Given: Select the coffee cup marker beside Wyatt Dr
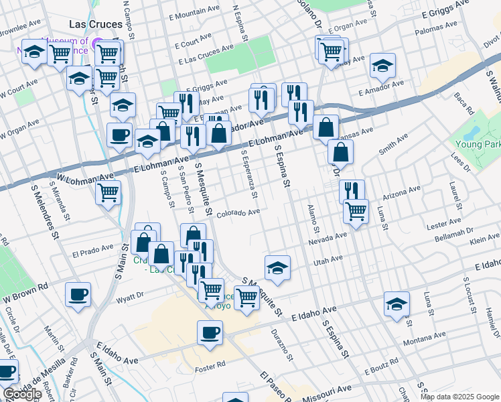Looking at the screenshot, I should pyautogui.click(x=78, y=295).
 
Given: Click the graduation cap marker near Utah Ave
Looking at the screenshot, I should pyautogui.click(x=277, y=268).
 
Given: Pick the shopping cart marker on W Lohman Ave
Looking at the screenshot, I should pyautogui.click(x=108, y=193).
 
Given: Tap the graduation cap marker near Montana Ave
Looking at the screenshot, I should pyautogui.click(x=397, y=304).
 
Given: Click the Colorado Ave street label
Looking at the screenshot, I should pyautogui.click(x=238, y=212).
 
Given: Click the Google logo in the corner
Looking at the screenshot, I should pyautogui.click(x=21, y=394).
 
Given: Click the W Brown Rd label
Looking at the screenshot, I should pyautogui.click(x=26, y=291).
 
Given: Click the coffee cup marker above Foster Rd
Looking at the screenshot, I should pyautogui.click(x=210, y=332).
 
